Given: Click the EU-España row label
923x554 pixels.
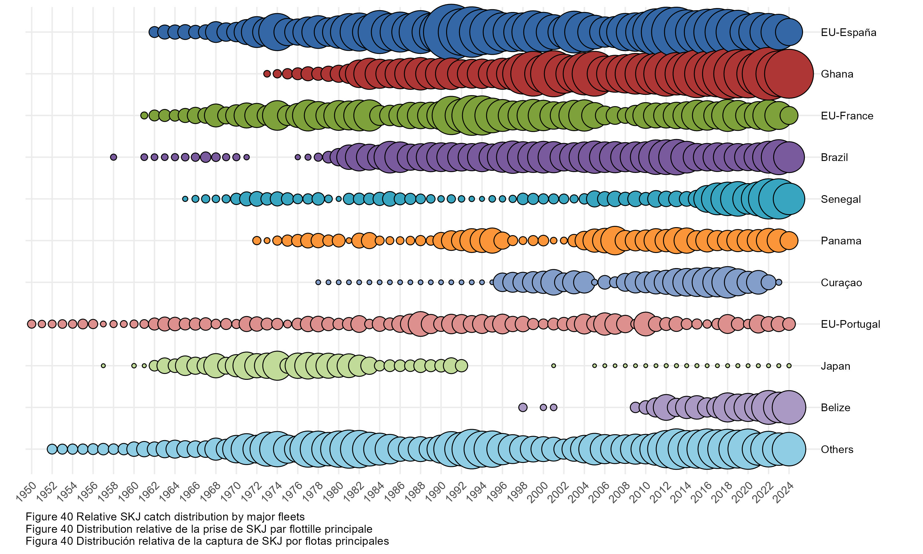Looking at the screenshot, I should click(x=848, y=33).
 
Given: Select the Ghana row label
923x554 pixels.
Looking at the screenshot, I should click(x=837, y=74).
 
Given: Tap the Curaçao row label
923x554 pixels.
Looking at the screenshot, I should click(x=841, y=283).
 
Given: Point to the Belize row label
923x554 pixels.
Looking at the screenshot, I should click(x=835, y=408).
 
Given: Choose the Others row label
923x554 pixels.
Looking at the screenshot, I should click(x=837, y=449).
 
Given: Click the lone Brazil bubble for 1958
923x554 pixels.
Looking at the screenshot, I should click(x=114, y=157).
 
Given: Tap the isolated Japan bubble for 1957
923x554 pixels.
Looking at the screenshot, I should click(x=103, y=366).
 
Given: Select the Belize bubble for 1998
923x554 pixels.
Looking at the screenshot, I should click(x=523, y=407).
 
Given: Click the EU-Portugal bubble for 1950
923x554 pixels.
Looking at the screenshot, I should click(x=32, y=324).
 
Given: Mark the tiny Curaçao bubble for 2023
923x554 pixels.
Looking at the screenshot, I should click(x=779, y=282).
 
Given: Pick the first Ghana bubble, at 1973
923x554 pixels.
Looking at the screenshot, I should click(x=267, y=74).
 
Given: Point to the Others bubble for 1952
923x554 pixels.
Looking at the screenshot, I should click(x=52, y=449).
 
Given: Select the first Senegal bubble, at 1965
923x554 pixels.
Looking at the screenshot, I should click(x=185, y=199).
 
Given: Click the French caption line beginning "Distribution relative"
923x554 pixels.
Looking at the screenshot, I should click(x=199, y=529).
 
